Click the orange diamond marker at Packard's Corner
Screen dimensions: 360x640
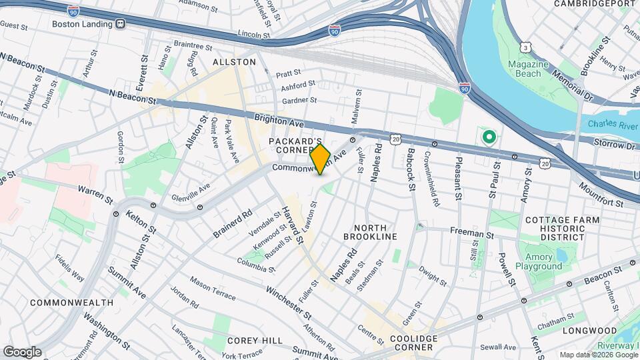320,159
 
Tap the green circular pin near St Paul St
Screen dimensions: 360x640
489,137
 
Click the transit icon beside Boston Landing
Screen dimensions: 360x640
121,23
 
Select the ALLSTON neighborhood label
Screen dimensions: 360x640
234,61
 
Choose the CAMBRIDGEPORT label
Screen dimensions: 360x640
596,4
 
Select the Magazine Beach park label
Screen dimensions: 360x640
527,69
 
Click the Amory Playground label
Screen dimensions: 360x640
543,261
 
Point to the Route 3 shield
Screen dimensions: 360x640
527,48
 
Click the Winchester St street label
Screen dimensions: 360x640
289,301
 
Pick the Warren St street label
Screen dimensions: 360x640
94,194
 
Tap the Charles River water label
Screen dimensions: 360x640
613,124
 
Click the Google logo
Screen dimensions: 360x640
22,351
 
